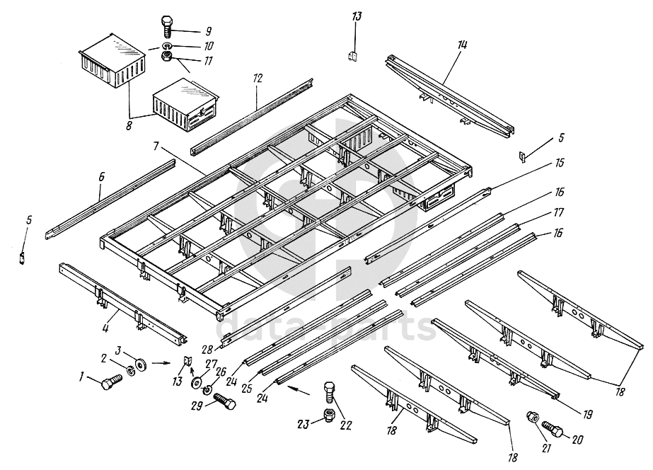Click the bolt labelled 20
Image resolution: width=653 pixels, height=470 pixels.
pyautogui.click(x=553, y=430)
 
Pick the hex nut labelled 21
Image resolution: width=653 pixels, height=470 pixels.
pyautogui.click(x=531, y=417)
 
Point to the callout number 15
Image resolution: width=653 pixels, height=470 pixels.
pyautogui.click(x=560, y=164)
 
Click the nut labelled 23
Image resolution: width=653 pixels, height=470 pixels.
pyautogui.click(x=328, y=414)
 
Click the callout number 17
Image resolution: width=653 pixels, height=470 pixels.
pyautogui.click(x=559, y=212)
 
